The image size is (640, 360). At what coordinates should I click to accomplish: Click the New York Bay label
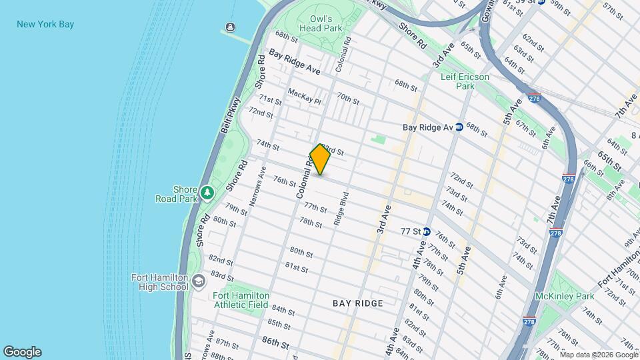(45, 25)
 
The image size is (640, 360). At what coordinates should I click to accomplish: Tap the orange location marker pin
(320, 159)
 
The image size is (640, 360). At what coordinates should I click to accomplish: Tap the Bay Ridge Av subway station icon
(459, 127)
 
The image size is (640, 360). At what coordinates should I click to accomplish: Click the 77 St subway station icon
(427, 231)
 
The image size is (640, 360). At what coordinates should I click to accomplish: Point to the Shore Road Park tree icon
(208, 193)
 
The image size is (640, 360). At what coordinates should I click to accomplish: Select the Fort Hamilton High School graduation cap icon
(198, 283)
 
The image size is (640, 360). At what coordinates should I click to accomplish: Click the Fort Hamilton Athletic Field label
(241, 300)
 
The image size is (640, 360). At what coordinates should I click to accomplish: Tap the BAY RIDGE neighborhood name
(358, 303)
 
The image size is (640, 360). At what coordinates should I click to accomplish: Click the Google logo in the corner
(22, 352)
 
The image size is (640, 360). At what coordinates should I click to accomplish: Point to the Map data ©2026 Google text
(598, 354)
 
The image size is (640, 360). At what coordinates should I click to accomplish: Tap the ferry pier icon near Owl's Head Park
(230, 27)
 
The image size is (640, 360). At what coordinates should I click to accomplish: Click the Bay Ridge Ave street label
(295, 61)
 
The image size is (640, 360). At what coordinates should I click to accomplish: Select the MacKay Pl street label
(304, 97)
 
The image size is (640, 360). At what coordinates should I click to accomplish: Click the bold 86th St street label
(275, 345)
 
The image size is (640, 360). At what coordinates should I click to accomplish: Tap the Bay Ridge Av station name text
(428, 127)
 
